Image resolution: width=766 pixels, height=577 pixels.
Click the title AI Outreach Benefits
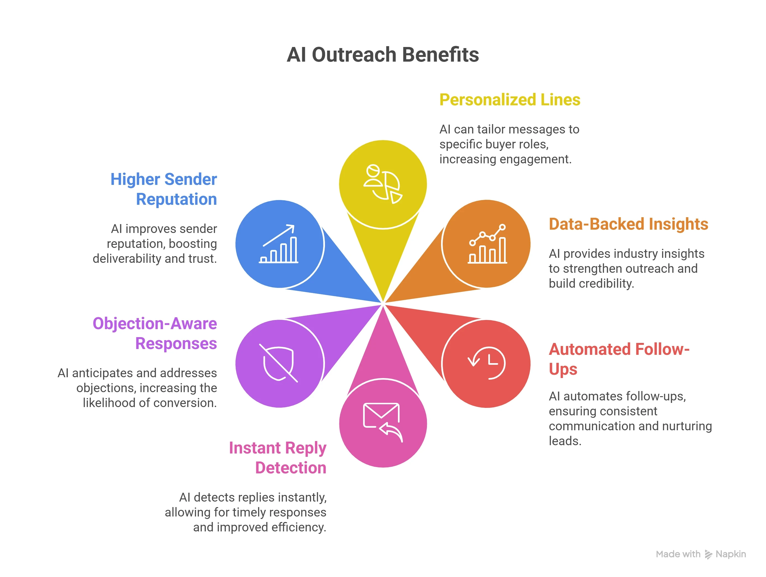coord(383,55)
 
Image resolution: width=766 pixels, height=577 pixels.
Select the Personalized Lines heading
coord(509,100)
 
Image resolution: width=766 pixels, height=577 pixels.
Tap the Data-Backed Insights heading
coord(628,224)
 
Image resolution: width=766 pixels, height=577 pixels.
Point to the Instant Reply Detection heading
coord(278,458)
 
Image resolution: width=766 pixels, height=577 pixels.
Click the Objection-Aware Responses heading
coord(155,333)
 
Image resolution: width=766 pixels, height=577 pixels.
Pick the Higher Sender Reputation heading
coord(164,189)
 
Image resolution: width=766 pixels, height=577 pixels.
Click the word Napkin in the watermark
coord(730,554)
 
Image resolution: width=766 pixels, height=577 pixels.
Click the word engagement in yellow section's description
coord(535,159)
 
